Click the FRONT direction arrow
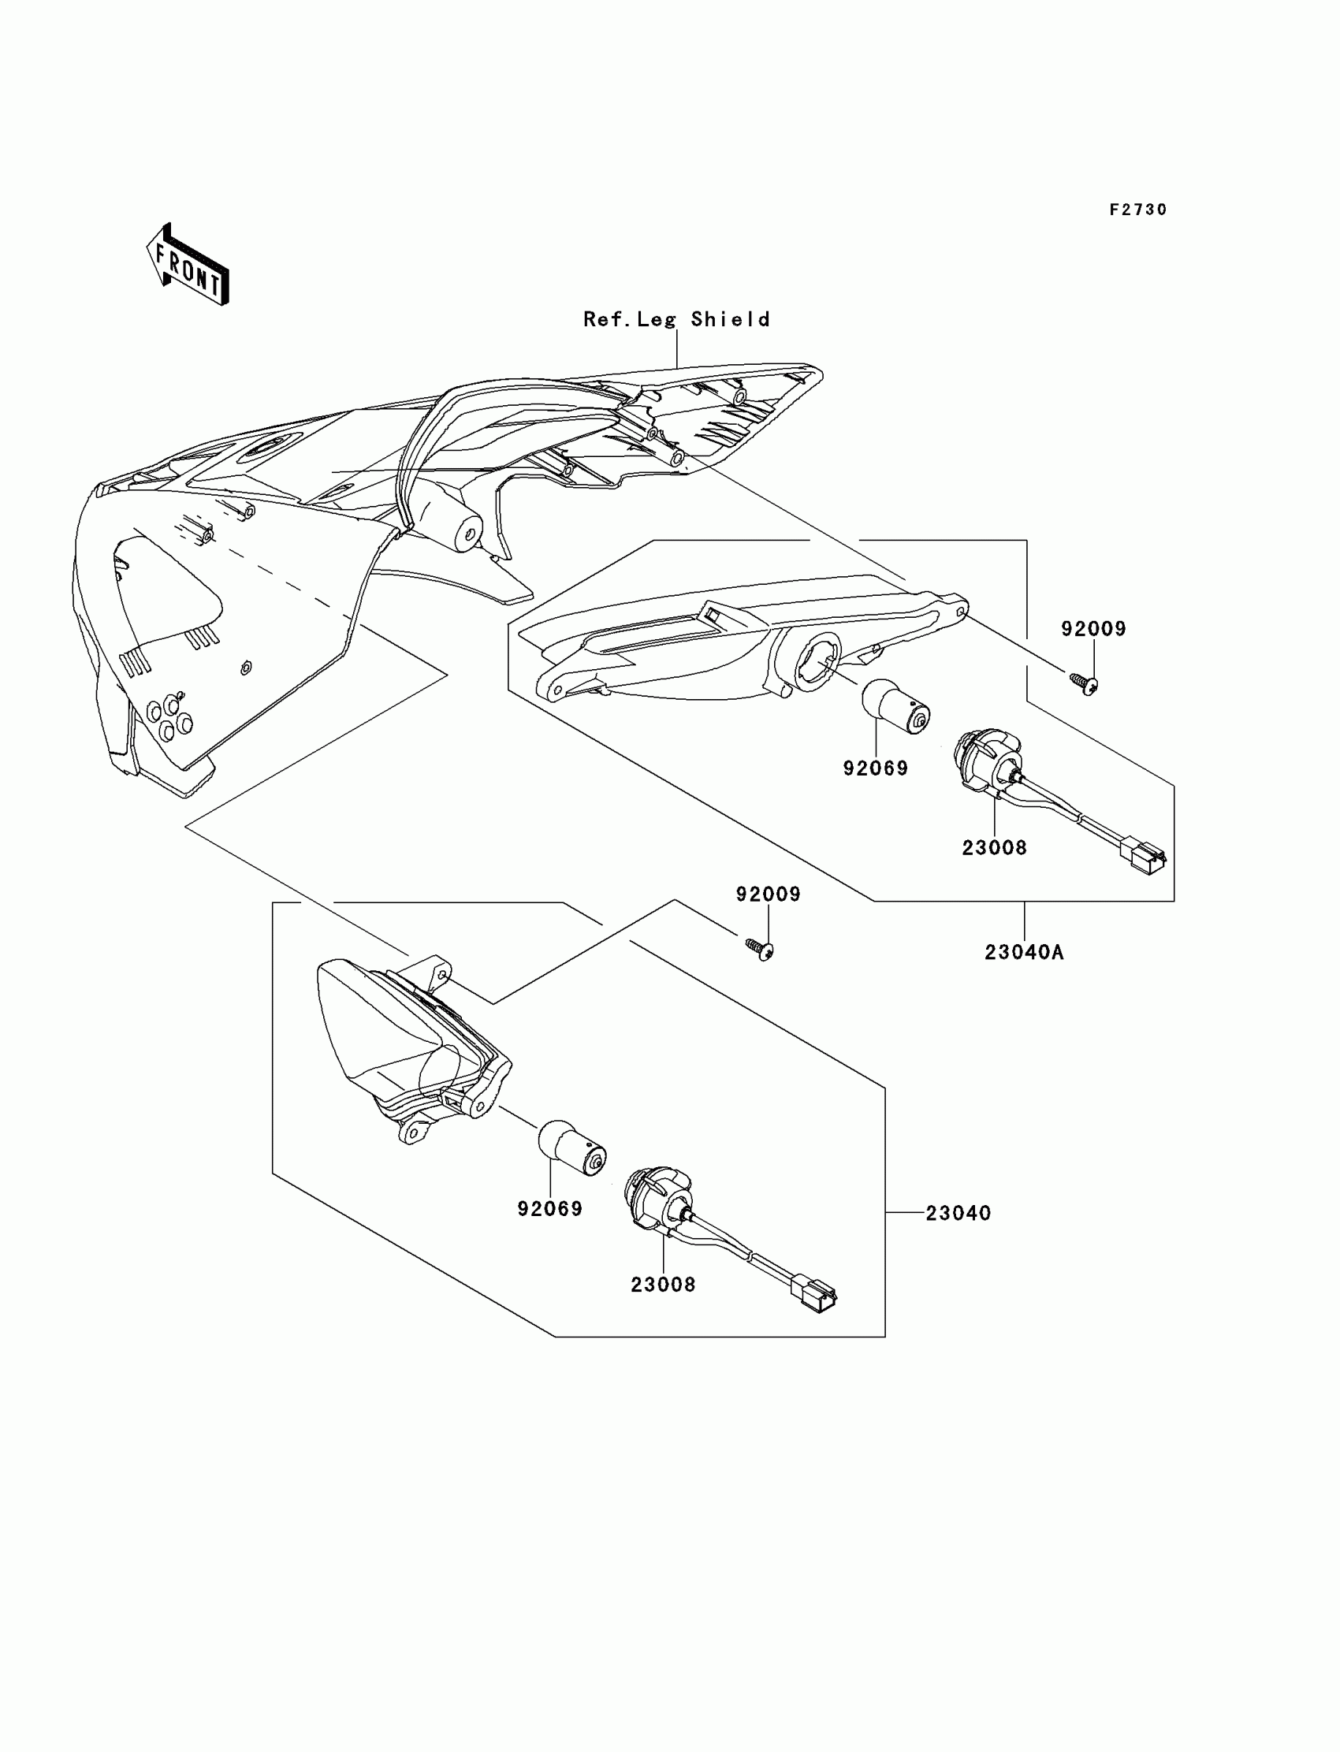[x=188, y=265]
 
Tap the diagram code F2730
[x=1138, y=210]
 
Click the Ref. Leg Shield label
[x=676, y=319]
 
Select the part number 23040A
[x=1024, y=952]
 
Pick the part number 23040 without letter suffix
[x=958, y=1213]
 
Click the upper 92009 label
[x=1092, y=629]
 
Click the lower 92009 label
[x=768, y=895]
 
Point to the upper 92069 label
[x=876, y=768]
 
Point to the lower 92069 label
[x=549, y=1209]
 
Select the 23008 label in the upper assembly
[x=994, y=849]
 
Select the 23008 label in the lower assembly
[x=663, y=1285]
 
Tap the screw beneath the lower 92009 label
[x=759, y=949]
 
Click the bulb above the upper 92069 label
[x=895, y=707]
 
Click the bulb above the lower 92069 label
[x=573, y=1148]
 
